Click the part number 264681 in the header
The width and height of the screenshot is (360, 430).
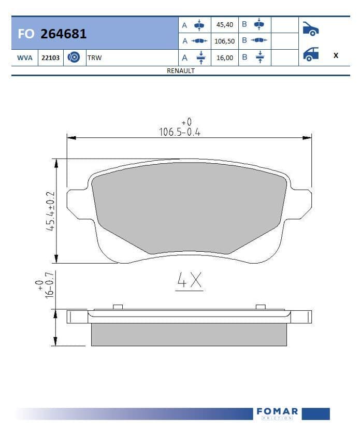point(63,34)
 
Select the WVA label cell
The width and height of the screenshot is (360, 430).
point(25,58)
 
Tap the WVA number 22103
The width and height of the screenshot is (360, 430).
point(50,58)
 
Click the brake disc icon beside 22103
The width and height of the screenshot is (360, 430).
point(74,57)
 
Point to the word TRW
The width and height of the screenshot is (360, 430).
point(95,58)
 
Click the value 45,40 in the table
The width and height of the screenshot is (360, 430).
point(225,25)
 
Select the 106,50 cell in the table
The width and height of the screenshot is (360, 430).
point(225,41)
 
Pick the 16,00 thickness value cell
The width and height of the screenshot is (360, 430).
point(225,58)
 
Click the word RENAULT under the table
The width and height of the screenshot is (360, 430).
point(181,71)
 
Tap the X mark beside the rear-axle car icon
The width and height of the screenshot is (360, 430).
point(336,55)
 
